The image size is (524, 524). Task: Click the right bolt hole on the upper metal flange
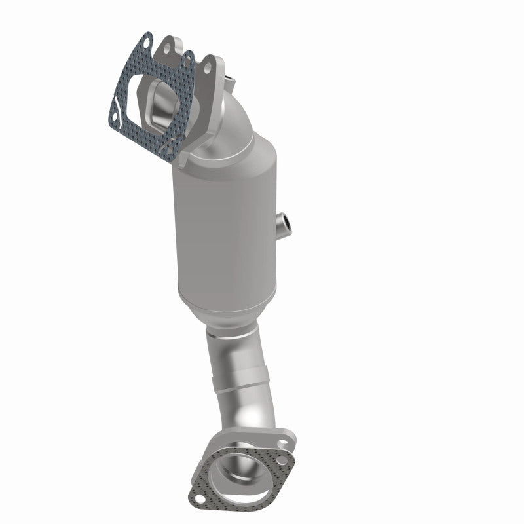point(208,66)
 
